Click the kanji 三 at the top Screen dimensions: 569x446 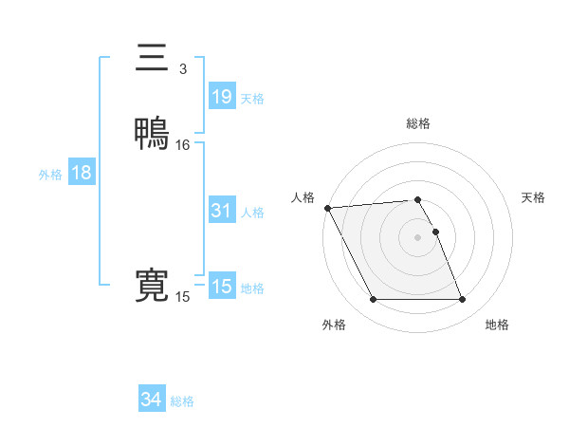tap(152, 59)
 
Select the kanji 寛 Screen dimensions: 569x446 tap(152, 287)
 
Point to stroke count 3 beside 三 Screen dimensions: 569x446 tap(183, 69)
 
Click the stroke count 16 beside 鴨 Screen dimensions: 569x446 tap(183, 145)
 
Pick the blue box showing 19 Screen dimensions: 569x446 tap(221, 97)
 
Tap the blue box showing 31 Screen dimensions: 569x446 tap(221, 211)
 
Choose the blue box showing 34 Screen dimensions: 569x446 tap(152, 400)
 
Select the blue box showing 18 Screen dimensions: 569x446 tap(81, 173)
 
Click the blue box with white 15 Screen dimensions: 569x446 tap(221, 287)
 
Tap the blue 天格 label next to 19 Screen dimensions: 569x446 tap(252, 99)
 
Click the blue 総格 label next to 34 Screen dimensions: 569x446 tap(182, 402)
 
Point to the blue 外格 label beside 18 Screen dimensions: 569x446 tap(50, 175)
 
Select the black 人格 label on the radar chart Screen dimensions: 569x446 tap(303, 197)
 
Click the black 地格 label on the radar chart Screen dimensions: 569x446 tap(497, 325)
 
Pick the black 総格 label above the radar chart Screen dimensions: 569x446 tap(417, 123)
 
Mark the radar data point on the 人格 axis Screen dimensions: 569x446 tap(327, 208)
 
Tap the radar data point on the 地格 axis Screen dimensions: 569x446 tap(462, 300)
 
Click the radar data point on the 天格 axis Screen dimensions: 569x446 tap(435, 232)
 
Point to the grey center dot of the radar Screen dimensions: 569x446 tap(417, 237)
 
